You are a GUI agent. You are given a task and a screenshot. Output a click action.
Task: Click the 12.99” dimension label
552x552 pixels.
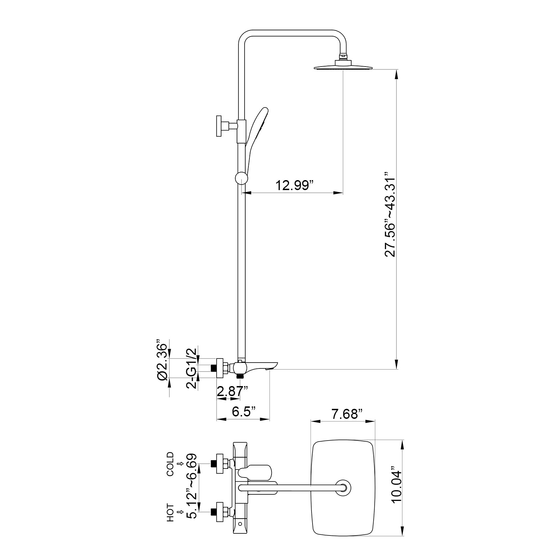tap(294, 185)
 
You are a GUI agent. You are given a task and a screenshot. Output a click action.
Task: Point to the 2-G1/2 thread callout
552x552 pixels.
tap(192, 368)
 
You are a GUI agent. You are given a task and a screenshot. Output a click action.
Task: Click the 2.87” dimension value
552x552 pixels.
tap(233, 391)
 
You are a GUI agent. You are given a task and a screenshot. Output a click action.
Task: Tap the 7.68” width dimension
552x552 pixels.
tap(347, 414)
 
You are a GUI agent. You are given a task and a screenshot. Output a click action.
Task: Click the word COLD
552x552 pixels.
tap(170, 464)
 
